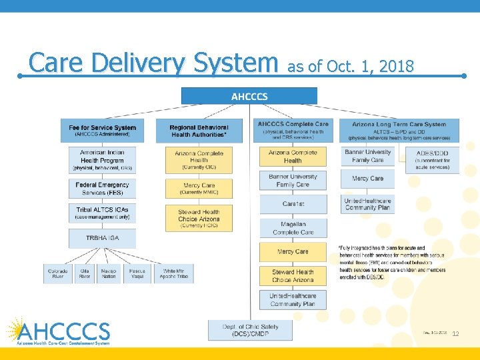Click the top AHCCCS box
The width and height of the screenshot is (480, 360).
[x=249, y=96]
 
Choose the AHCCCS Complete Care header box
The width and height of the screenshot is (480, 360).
[x=293, y=129]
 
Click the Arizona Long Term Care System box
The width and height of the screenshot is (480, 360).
[x=399, y=129]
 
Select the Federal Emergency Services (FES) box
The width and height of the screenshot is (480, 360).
[x=102, y=188]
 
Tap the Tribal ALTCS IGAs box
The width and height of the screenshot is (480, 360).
[x=102, y=213]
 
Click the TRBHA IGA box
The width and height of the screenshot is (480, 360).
[x=102, y=238]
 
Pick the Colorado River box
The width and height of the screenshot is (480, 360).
[x=58, y=274]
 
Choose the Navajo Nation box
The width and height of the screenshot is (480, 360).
[x=108, y=274]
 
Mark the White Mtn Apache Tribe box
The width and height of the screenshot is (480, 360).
[x=175, y=274]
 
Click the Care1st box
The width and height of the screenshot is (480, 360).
[x=293, y=204]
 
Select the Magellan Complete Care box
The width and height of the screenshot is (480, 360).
[x=293, y=228]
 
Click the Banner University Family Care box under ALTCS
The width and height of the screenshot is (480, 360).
[x=368, y=157]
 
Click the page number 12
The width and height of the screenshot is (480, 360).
[x=456, y=333]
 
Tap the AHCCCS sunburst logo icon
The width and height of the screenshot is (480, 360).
[x=15, y=329]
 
